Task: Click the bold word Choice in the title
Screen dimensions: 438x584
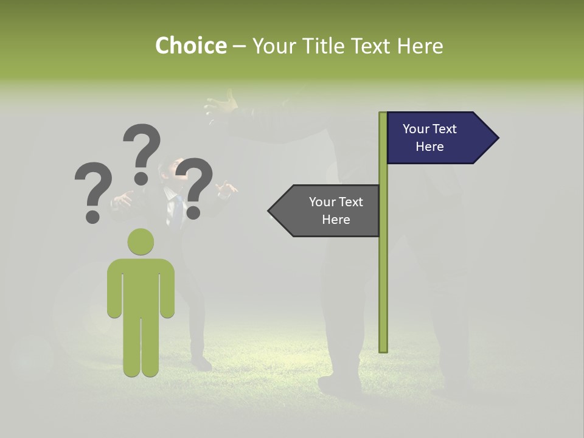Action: click(190, 46)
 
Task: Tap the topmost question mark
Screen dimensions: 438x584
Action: click(142, 152)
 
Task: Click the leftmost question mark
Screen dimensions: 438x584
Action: click(93, 191)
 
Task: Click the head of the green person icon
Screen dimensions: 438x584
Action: click(141, 242)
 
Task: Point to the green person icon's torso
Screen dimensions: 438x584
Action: click(141, 286)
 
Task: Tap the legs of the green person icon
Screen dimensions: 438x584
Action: click(141, 347)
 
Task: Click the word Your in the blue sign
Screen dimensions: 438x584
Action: click(416, 129)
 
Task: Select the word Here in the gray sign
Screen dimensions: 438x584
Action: click(336, 220)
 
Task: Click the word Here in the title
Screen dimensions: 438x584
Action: click(420, 46)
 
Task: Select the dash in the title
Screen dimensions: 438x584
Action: click(239, 47)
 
